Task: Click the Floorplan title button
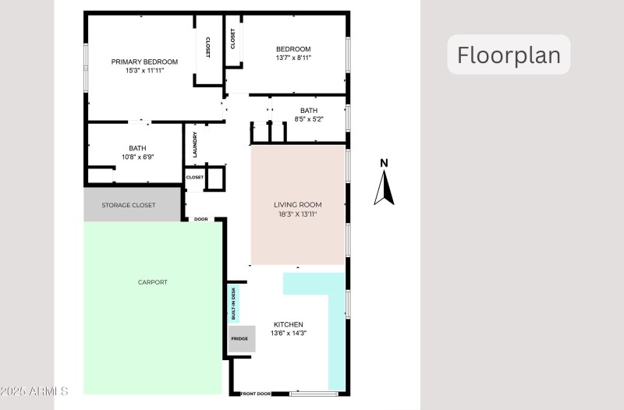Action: [x=509, y=55]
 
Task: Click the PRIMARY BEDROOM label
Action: [x=144, y=62]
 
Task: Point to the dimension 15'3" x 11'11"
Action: [x=144, y=70]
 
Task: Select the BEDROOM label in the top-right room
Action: [x=293, y=49]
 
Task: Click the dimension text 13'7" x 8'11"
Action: [x=293, y=58]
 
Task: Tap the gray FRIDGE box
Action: [x=239, y=338]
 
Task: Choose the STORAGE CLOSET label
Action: [x=129, y=205]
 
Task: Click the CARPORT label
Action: [x=152, y=282]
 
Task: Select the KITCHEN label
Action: [x=288, y=324]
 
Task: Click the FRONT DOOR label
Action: [x=256, y=394]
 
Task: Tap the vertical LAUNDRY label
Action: [x=195, y=143]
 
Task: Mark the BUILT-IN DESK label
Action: [x=233, y=304]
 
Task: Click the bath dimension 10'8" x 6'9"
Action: [x=137, y=157]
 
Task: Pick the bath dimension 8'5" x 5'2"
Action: [x=309, y=119]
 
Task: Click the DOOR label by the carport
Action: [x=200, y=219]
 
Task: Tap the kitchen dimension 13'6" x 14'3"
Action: [x=288, y=334]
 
